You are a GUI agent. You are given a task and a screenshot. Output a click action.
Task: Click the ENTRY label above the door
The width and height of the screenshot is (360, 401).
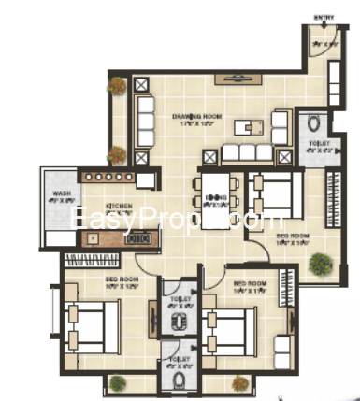point(323,17)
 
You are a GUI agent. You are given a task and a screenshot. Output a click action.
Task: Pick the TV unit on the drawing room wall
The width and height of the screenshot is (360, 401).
point(227,79)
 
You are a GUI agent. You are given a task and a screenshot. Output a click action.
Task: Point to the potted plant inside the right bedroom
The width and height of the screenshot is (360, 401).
point(320,263)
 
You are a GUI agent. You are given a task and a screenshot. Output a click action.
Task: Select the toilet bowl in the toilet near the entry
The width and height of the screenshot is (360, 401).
point(315,122)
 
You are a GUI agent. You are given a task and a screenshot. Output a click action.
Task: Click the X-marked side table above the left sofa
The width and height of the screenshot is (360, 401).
point(143,85)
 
